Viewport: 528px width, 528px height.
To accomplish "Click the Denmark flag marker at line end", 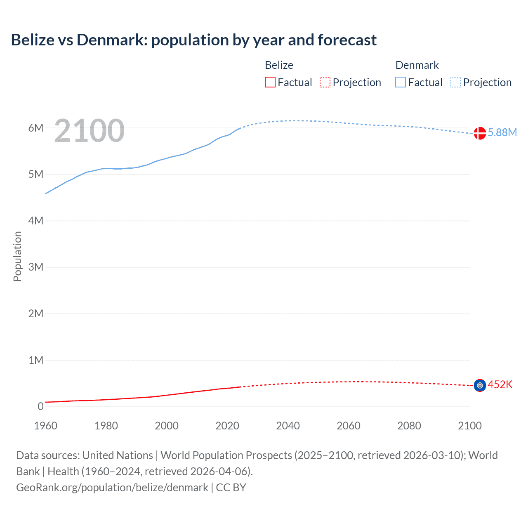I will point(479,133).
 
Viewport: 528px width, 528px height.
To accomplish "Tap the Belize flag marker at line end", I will point(479,385).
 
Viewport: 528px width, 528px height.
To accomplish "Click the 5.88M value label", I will point(502,132).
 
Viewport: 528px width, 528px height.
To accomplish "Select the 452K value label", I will point(500,385).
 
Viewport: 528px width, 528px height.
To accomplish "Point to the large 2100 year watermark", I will point(89,131).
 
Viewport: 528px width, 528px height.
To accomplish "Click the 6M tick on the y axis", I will point(36,128).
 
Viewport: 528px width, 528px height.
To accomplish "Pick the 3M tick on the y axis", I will point(36,267).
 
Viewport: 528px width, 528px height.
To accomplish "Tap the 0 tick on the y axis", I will point(40,406).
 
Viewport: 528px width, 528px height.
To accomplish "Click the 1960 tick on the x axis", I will point(45,426).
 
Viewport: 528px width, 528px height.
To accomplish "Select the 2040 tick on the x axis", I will point(288,426).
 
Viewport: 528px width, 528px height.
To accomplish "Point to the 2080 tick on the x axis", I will point(409,426).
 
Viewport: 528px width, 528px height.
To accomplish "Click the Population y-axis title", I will point(17,256).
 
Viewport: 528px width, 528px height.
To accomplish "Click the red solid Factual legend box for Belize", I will point(270,82).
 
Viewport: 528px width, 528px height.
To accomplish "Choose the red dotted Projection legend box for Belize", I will point(325,82).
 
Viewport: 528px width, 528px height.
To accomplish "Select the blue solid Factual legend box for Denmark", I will point(401,82).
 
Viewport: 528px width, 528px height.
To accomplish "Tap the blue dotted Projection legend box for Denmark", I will point(456,82).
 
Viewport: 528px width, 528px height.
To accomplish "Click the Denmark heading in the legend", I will point(417,65).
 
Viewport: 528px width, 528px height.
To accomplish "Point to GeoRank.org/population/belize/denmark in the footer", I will point(112,488).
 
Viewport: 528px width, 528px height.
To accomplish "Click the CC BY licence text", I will point(231,488).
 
